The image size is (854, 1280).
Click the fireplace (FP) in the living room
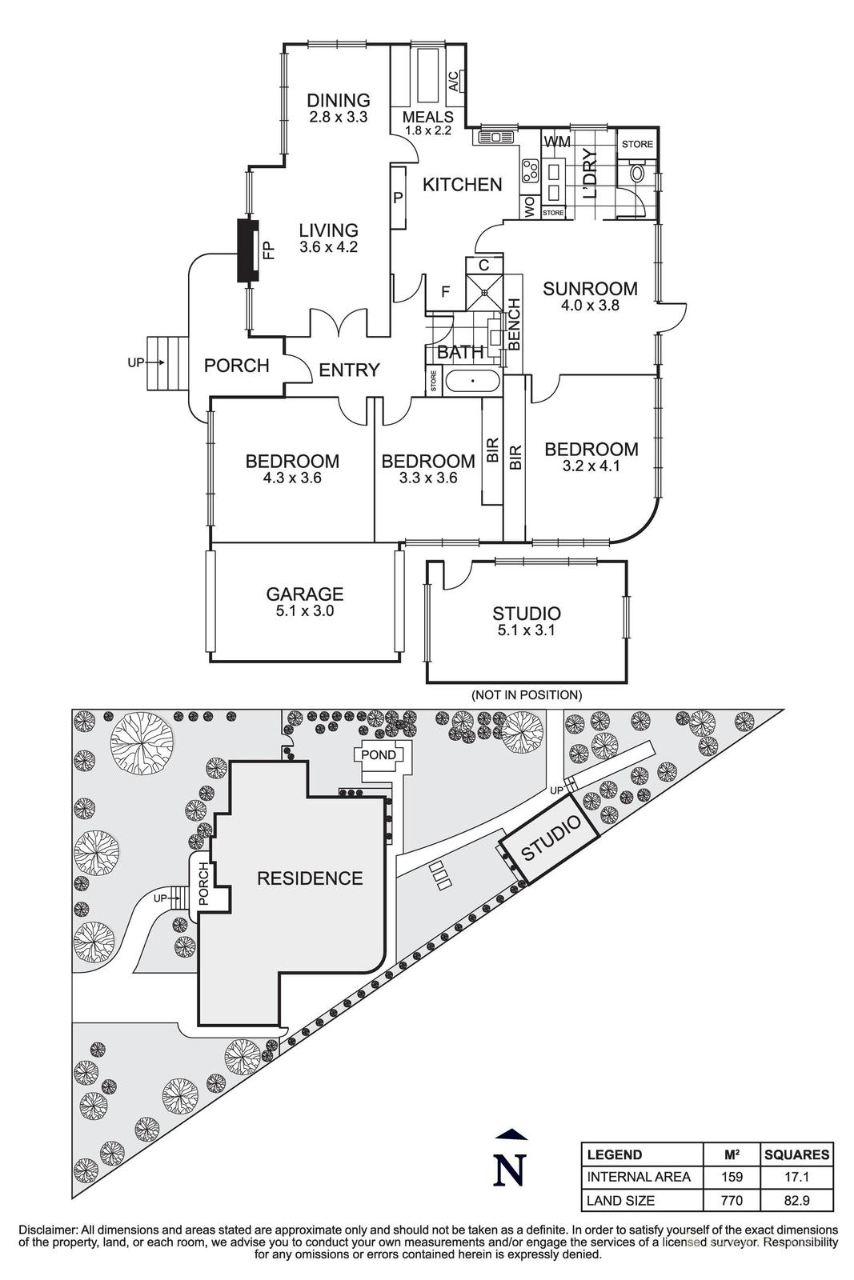pyautogui.click(x=249, y=250)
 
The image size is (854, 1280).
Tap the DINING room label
pyautogui.click(x=339, y=100)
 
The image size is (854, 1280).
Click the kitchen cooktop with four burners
pyautogui.click(x=530, y=170)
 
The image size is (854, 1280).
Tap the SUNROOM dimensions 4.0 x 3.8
pyautogui.click(x=590, y=305)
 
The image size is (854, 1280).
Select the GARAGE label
pyautogui.click(x=305, y=594)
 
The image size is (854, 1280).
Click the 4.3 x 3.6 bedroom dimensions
pyautogui.click(x=292, y=478)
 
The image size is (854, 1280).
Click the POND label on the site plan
pyautogui.click(x=379, y=754)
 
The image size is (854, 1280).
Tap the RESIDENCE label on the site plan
pyautogui.click(x=310, y=878)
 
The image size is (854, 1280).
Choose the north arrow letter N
pyautogui.click(x=509, y=1170)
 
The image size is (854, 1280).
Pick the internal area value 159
pyautogui.click(x=732, y=1177)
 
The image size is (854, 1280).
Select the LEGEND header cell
pyautogui.click(x=615, y=1154)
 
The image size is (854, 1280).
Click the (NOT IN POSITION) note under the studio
pyautogui.click(x=526, y=694)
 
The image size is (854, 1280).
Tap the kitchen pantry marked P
pyautogui.click(x=397, y=197)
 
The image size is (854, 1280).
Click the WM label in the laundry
pyautogui.click(x=557, y=142)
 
